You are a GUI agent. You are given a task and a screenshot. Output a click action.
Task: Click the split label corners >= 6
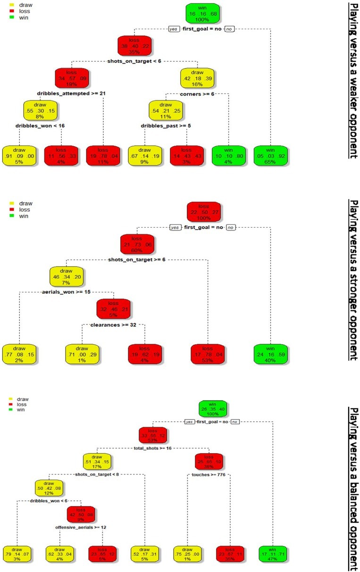pos(198,94)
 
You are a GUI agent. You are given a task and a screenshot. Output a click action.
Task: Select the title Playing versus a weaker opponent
pos(352,80)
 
